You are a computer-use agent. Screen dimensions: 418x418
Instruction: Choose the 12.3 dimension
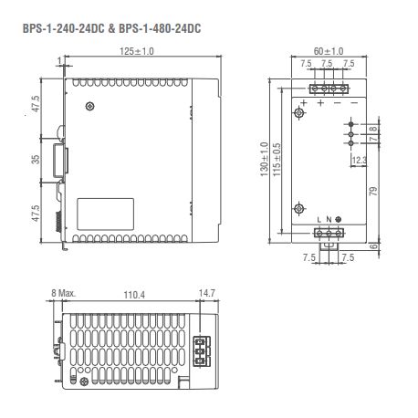[x=361, y=162]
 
